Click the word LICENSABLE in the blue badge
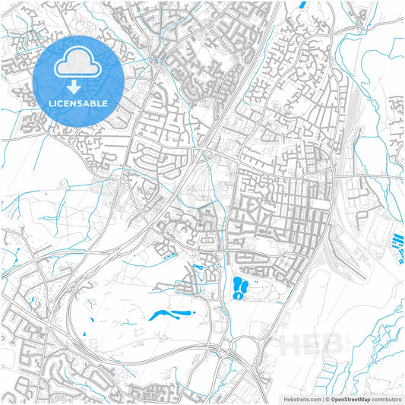(79, 103)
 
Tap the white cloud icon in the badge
(78, 65)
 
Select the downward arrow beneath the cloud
(78, 85)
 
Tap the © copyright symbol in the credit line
(327, 398)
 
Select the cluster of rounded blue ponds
(240, 287)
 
